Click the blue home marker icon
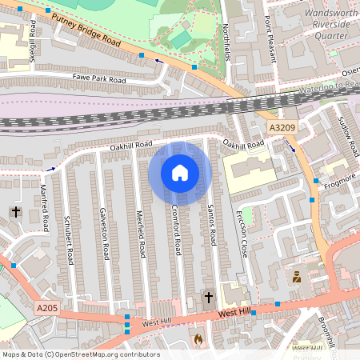[180, 173]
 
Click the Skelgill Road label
[33, 39]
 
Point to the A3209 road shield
[282, 128]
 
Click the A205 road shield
[46, 306]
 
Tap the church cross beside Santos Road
[209, 298]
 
